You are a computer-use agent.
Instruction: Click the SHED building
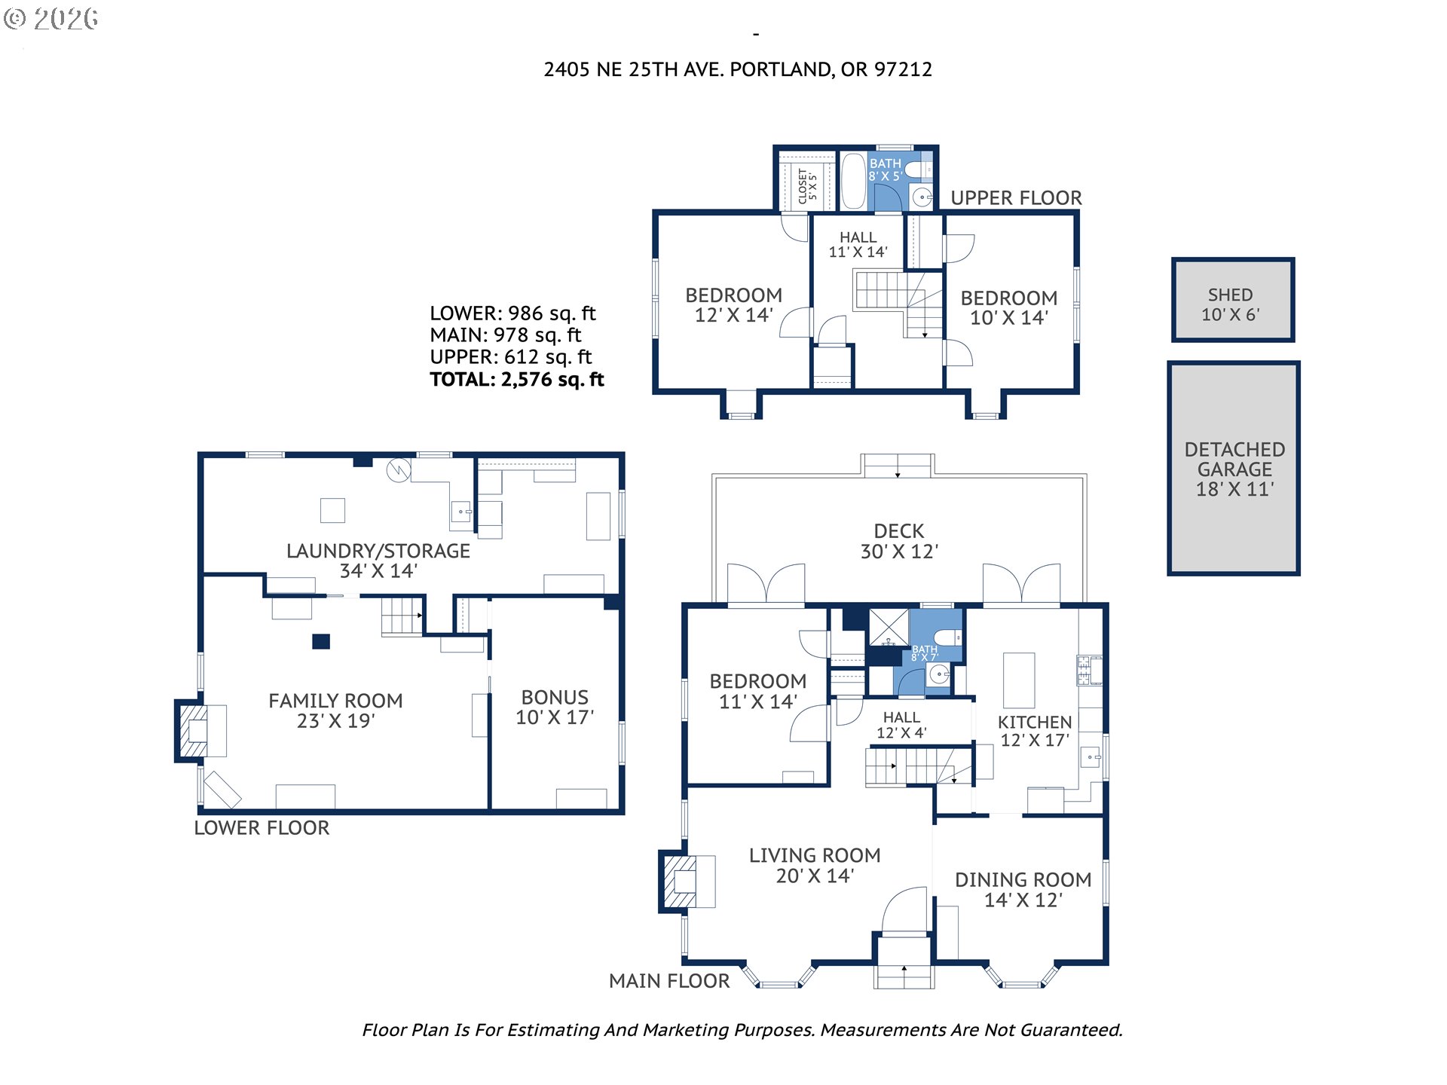1233,300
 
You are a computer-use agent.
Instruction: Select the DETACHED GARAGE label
1234,469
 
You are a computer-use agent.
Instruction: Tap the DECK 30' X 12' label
899,541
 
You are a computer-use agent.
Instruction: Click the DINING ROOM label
1023,890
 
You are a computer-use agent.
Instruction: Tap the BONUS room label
555,708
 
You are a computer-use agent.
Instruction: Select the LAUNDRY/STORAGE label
378,561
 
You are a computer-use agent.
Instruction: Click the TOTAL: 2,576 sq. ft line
517,379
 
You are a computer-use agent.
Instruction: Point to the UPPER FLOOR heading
1016,198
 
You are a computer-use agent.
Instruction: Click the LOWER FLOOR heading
262,828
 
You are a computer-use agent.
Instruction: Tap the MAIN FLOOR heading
669,981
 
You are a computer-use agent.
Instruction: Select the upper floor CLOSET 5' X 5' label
807,185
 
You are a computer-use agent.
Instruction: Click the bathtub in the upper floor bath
853,181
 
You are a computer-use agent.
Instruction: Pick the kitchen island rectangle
1019,680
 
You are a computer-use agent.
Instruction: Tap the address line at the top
738,69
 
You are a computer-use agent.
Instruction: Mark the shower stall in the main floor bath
889,627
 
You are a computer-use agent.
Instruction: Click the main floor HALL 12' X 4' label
901,725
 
